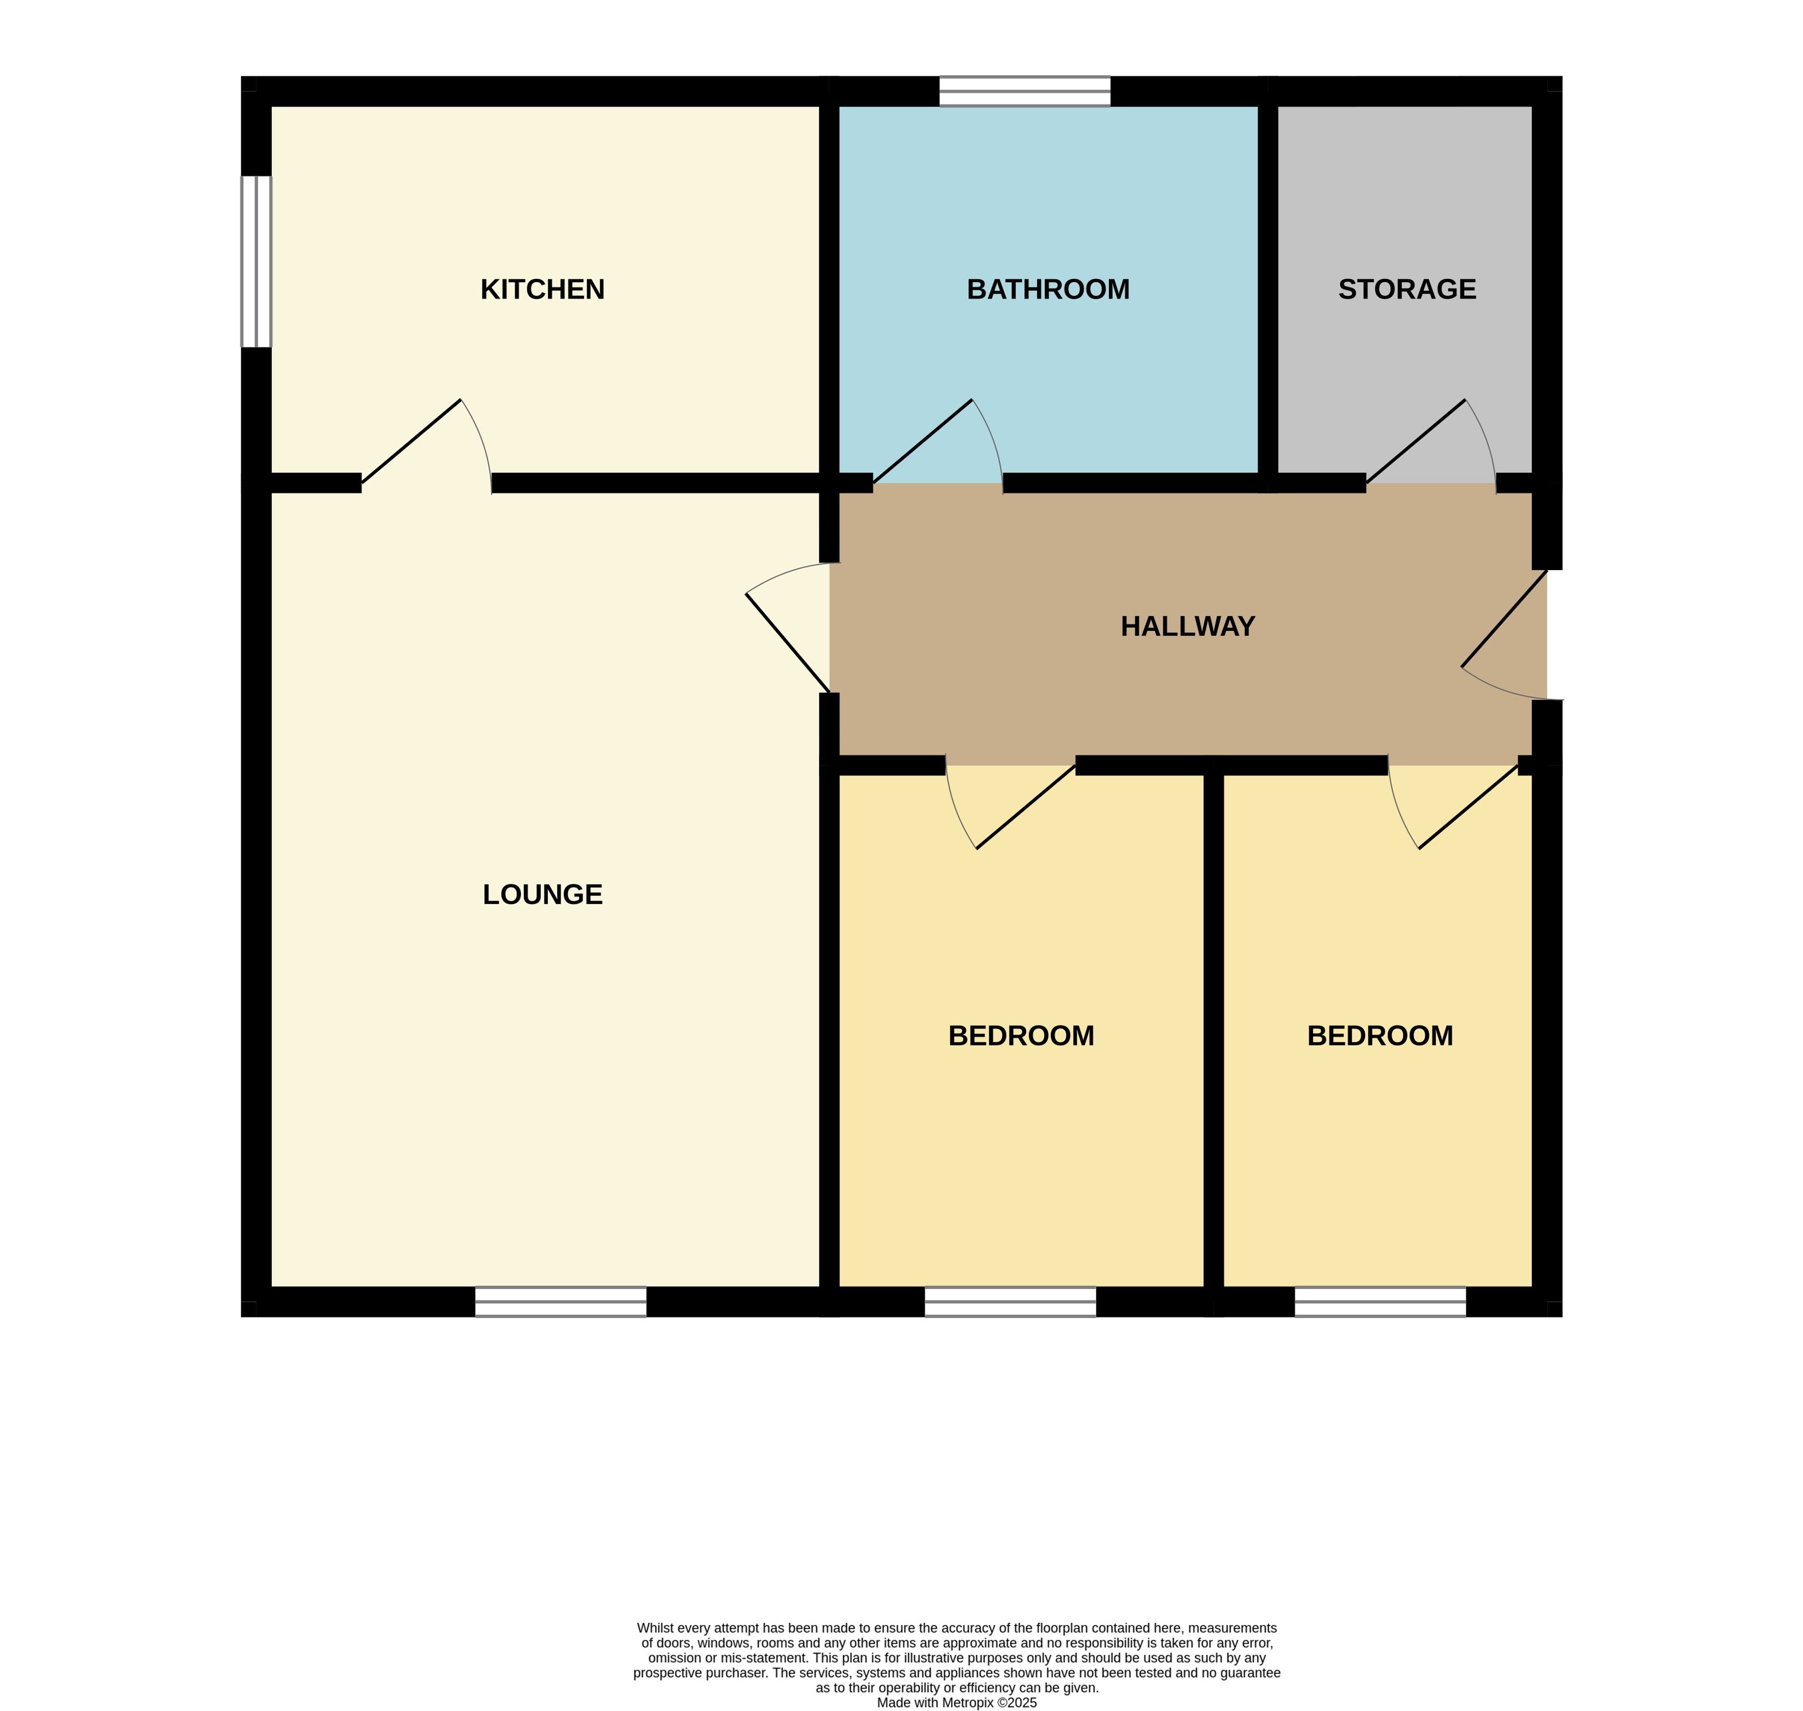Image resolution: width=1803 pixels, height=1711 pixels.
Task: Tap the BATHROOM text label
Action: (1048, 289)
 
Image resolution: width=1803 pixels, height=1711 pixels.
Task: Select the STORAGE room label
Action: (1406, 289)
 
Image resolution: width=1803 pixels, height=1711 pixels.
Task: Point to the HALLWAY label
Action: (1187, 626)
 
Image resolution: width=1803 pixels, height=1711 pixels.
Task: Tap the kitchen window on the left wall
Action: (256, 261)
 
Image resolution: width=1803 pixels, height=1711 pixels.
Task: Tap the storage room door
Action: (1415, 442)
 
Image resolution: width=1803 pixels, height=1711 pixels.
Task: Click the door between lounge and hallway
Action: (787, 643)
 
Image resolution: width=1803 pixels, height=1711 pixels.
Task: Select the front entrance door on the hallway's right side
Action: (1504, 619)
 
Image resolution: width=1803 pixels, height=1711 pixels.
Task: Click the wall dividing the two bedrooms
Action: (1213, 1031)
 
